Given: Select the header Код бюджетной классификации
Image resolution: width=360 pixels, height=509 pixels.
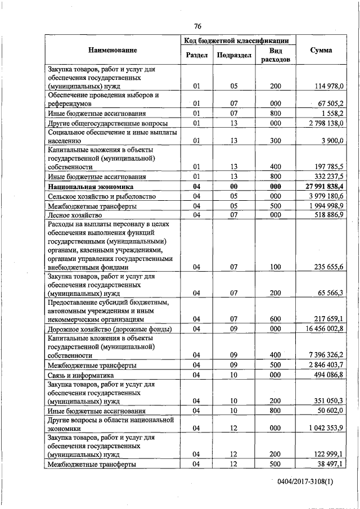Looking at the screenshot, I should [236, 40].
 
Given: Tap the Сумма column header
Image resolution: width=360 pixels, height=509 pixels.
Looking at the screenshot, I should [321, 50].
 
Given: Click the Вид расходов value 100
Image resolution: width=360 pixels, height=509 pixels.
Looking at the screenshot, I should [275, 268].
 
